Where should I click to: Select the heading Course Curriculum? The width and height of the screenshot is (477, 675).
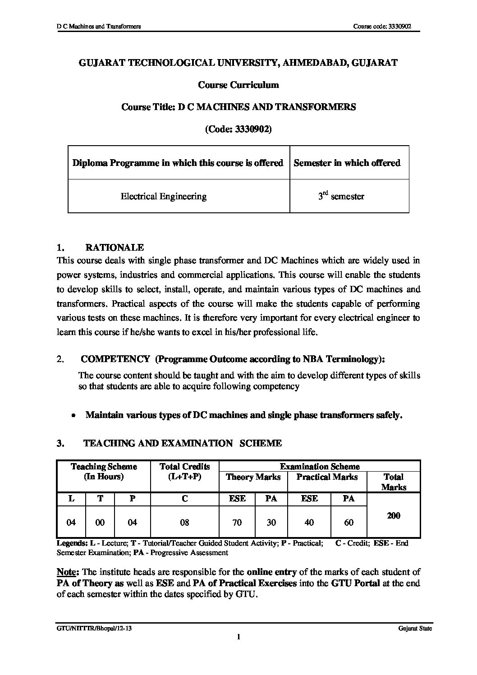point(238,85)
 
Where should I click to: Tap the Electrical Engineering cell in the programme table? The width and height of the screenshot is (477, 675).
point(164,196)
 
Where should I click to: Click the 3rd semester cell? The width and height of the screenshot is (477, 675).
point(341,196)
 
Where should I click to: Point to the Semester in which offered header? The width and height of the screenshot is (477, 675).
point(347,163)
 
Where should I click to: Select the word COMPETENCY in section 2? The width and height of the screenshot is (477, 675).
point(115,359)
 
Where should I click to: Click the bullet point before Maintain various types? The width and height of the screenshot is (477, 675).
point(73,415)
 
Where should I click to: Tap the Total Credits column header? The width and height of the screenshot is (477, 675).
point(185,472)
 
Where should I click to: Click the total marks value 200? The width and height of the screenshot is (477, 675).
point(394,515)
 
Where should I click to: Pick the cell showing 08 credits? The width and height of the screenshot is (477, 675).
point(184,523)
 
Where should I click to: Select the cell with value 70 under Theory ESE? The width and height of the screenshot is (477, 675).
point(237,523)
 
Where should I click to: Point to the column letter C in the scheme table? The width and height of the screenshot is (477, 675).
point(184,499)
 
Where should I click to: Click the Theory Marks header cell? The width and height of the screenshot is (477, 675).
point(253,477)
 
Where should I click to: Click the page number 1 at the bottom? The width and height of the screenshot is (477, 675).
point(238,637)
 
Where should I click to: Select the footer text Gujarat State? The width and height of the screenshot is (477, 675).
point(415,629)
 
